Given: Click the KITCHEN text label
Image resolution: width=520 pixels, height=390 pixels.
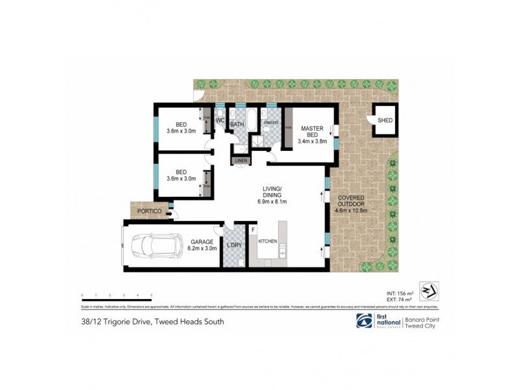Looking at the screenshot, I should point(268,241).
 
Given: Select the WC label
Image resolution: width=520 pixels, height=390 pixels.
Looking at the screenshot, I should point(220,121).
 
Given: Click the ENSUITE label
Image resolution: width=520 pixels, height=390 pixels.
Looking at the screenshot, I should point(271,122).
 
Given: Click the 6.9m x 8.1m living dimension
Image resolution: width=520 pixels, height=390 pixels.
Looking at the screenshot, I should point(272,203).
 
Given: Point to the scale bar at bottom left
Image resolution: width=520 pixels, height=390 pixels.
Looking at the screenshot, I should point(116,298).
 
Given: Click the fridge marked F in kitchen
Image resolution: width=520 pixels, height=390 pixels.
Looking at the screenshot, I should point(254,229).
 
